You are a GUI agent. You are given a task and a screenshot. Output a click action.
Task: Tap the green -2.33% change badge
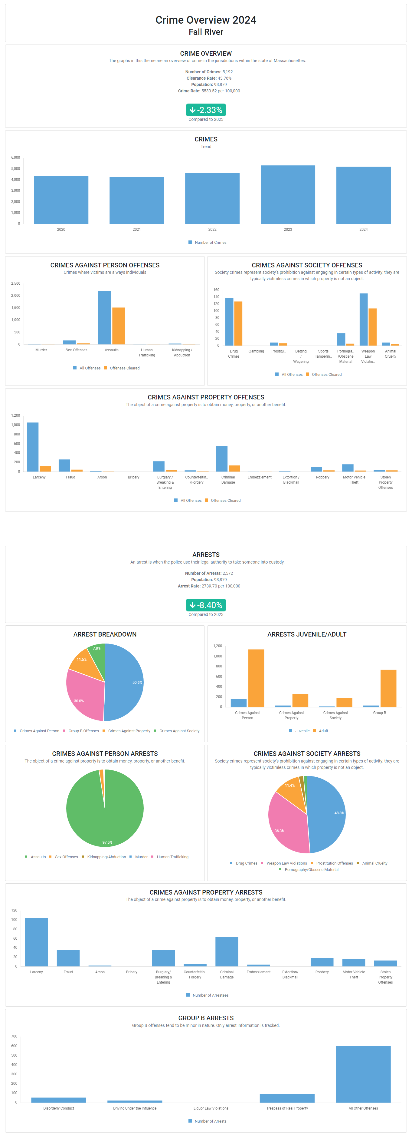pyautogui.click(x=206, y=110)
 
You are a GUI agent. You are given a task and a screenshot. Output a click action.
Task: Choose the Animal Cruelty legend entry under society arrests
pyautogui.click(x=374, y=863)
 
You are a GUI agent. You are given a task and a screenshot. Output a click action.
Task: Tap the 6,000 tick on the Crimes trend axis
pyautogui.click(x=15, y=157)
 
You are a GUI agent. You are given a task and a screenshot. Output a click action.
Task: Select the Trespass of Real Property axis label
pyautogui.click(x=287, y=1108)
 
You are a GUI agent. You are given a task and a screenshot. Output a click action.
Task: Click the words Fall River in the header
pyautogui.click(x=206, y=32)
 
